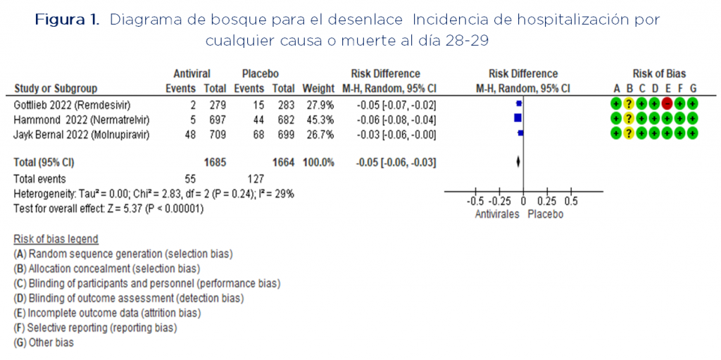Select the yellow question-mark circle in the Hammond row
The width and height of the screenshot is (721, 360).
pyautogui.click(x=629, y=119)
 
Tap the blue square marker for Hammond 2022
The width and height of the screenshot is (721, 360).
pyautogui.click(x=518, y=119)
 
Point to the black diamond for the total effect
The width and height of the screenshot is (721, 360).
pyautogui.click(x=519, y=162)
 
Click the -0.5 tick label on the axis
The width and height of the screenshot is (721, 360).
pyautogui.click(x=475, y=201)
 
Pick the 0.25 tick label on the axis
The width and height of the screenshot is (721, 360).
pyautogui.click(x=547, y=201)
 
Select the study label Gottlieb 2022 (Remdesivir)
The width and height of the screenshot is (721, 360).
pyautogui.click(x=73, y=106)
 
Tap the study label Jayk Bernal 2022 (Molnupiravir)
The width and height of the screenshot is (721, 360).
pyautogui.click(x=82, y=135)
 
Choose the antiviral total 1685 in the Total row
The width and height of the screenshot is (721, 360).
pyautogui.click(x=215, y=163)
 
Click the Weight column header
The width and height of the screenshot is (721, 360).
pyautogui.click(x=318, y=88)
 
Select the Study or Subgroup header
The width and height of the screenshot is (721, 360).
pyautogui.click(x=56, y=88)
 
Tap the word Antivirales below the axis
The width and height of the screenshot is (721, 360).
pyautogui.click(x=496, y=214)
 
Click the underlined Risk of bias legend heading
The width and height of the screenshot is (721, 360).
pyautogui.click(x=56, y=240)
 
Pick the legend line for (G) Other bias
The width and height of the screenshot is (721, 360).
pyautogui.click(x=44, y=342)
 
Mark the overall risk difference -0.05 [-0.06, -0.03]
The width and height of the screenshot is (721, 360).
pyautogui.click(x=396, y=163)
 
